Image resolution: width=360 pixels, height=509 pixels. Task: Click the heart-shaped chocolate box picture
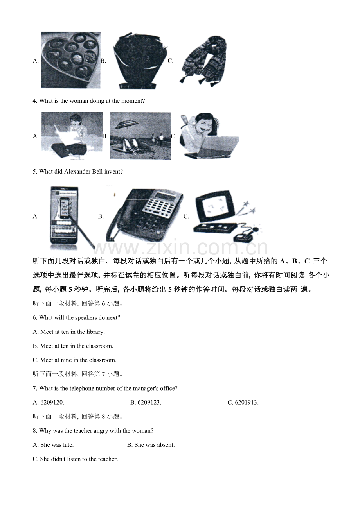[70, 60]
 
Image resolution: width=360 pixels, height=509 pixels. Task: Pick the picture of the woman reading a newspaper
[72, 136]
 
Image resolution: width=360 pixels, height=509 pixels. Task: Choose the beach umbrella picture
[140, 136]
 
